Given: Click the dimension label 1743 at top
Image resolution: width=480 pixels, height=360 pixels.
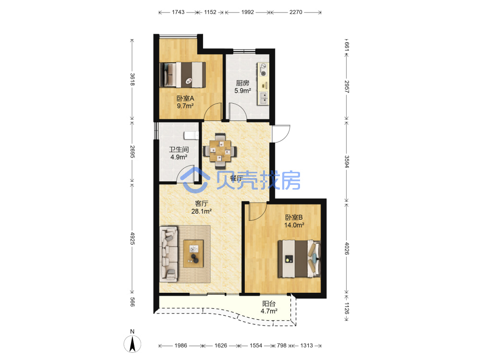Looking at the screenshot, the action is pos(178,12).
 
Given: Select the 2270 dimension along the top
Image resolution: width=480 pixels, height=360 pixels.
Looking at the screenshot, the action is pos(296,12).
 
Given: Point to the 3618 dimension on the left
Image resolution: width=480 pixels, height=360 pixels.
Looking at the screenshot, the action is pos(132,79).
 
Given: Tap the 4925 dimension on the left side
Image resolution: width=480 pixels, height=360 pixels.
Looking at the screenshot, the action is pos(132,238).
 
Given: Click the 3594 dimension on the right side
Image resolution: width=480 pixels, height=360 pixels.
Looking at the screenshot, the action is pos(347,162).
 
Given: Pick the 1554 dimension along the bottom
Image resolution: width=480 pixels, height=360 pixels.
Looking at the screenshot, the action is pos(256,346).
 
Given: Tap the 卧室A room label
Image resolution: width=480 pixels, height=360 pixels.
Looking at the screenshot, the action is pos(185,98).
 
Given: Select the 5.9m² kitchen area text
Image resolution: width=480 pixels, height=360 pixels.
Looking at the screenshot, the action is pos(243,91).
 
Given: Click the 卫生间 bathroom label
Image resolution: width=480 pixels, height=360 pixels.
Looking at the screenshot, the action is pos(179,149).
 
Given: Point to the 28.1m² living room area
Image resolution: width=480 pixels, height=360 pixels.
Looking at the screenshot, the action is pos(202,211).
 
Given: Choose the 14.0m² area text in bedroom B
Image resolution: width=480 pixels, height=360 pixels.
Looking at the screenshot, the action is pos(294,225).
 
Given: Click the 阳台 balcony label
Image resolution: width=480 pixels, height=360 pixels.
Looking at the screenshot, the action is pos(269,303).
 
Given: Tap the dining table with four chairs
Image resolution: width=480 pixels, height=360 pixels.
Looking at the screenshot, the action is pos(220,151).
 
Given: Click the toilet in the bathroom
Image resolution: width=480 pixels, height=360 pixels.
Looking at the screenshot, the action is pos(191,135).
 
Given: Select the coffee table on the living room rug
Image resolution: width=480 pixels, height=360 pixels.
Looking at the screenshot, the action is pos(193,254).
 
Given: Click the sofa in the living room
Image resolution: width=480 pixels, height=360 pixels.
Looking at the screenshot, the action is pos(168,254).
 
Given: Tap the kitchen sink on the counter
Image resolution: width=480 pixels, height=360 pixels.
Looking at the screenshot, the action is pos(263,97).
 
